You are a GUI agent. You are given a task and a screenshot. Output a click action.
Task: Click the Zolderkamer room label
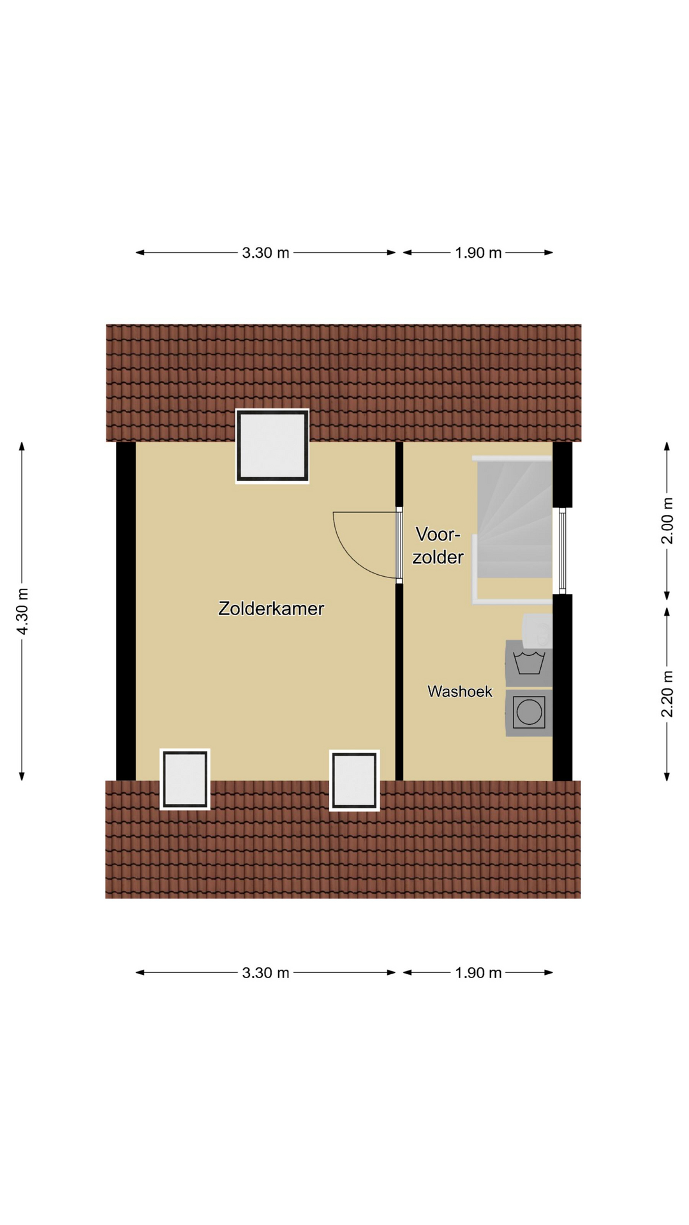coord(271,608)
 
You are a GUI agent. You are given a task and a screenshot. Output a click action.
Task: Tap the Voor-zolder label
coord(438,546)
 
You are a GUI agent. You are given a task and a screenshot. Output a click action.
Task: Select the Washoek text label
coord(459,691)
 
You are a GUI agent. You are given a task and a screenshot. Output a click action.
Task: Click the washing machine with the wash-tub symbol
coord(529,664)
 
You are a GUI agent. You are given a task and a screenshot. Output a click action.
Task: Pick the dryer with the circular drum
coord(529,713)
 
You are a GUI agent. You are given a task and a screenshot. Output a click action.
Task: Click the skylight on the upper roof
coord(272,446)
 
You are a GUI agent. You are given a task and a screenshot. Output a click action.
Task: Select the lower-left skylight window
coord(185,779)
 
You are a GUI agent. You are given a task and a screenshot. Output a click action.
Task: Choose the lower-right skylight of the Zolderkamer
coord(355,780)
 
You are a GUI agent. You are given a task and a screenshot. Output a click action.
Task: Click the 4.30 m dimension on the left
coord(22,611)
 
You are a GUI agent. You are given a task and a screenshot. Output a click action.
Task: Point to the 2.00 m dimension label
coord(667,521)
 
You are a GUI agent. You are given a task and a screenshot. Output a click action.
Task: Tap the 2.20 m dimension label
coord(667,694)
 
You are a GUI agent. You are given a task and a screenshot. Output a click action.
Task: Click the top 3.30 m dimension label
coord(265,253)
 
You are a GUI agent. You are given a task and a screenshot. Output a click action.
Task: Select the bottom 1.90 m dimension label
coord(478,973)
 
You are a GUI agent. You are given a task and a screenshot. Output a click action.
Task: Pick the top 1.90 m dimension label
coord(478,253)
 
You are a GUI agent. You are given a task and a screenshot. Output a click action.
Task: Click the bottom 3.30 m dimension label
coord(265,973)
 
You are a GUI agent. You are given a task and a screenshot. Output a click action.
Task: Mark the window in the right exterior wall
coord(562,551)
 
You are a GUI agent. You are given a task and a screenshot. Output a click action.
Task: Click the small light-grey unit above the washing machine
coord(538,627)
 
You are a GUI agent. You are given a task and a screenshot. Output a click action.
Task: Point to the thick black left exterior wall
coord(126,611)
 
